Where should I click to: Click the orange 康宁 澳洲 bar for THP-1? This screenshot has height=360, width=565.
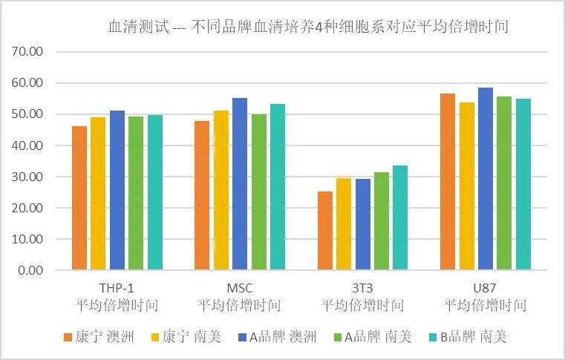click(79, 198)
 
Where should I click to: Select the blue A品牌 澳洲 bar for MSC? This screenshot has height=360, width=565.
click(240, 184)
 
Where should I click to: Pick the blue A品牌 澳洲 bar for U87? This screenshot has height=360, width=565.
click(486, 179)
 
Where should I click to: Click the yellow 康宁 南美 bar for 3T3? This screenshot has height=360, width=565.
click(344, 224)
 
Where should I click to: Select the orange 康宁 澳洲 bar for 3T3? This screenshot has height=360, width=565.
click(325, 231)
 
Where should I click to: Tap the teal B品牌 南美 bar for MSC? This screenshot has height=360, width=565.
click(278, 187)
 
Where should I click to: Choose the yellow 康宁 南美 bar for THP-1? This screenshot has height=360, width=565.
click(98, 194)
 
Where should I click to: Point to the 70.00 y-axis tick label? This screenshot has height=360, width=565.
click(29, 52)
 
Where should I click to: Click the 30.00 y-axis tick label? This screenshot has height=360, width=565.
click(29, 177)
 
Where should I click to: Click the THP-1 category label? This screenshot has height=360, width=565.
click(117, 288)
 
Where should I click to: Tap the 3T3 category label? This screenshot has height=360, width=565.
click(362, 288)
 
